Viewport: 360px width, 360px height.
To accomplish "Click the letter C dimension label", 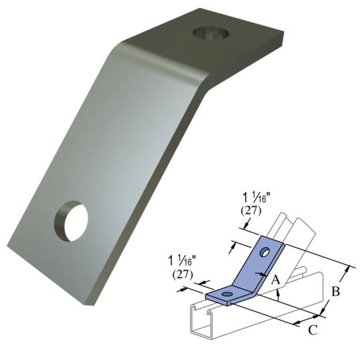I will (x=312, y=329).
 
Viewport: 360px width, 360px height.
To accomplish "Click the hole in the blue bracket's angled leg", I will (x=266, y=252).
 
